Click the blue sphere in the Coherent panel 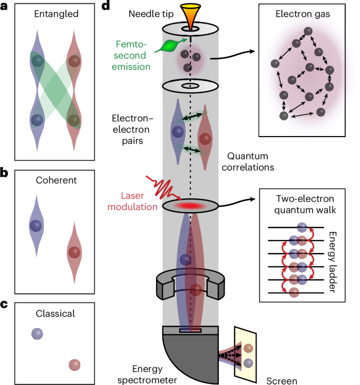[37, 225]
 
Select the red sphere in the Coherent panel [74, 251]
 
